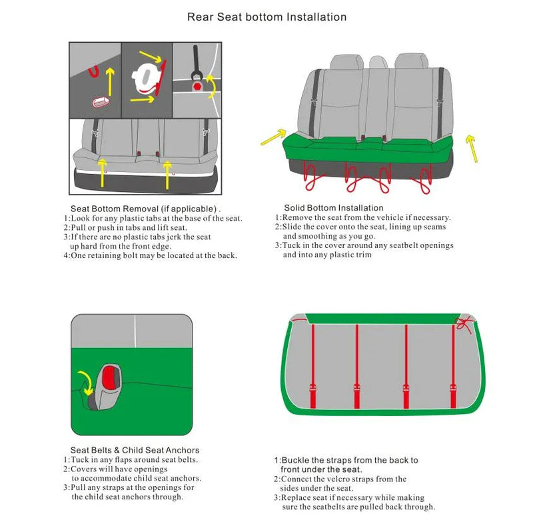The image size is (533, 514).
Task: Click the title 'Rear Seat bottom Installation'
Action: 266,17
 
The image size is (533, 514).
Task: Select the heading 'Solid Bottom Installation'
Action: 333,208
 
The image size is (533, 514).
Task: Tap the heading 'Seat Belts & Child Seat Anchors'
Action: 135,450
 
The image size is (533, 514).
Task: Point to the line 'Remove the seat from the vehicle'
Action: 363,217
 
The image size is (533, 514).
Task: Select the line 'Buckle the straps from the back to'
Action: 346,460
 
